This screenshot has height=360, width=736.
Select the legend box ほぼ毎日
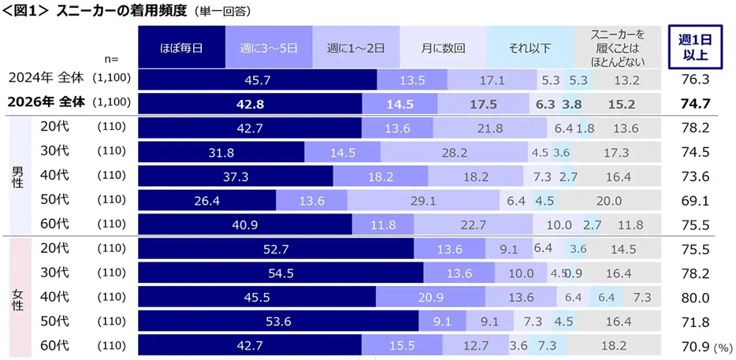pos(181,47)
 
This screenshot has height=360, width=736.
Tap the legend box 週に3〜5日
pos(269,47)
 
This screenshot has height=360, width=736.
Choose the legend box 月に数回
pos(443,47)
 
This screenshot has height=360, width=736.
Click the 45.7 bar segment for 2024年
pos(258,80)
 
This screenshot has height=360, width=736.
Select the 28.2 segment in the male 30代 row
pos(432,153)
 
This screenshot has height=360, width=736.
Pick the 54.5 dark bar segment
pos(281,273)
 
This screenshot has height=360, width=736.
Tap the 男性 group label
pos(17,176)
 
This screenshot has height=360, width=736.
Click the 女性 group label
pos(17,297)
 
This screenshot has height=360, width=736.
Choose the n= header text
pos(111,58)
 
